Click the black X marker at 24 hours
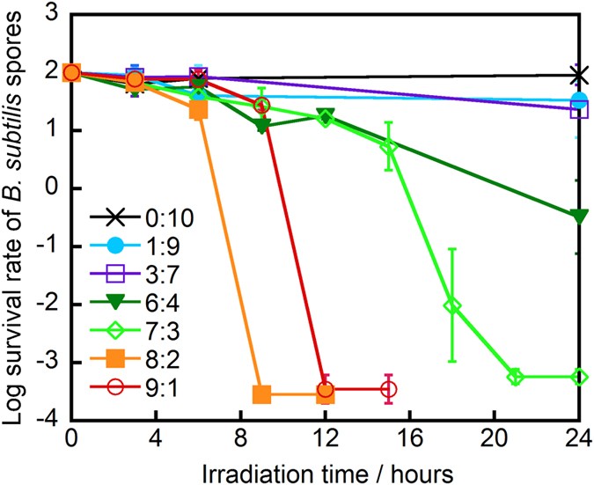tap(578, 75)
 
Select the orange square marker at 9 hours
tap(261, 394)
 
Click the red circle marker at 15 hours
tap(388, 389)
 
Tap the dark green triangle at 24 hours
tap(578, 217)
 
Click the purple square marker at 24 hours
tap(578, 110)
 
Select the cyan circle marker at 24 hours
tap(578, 100)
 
